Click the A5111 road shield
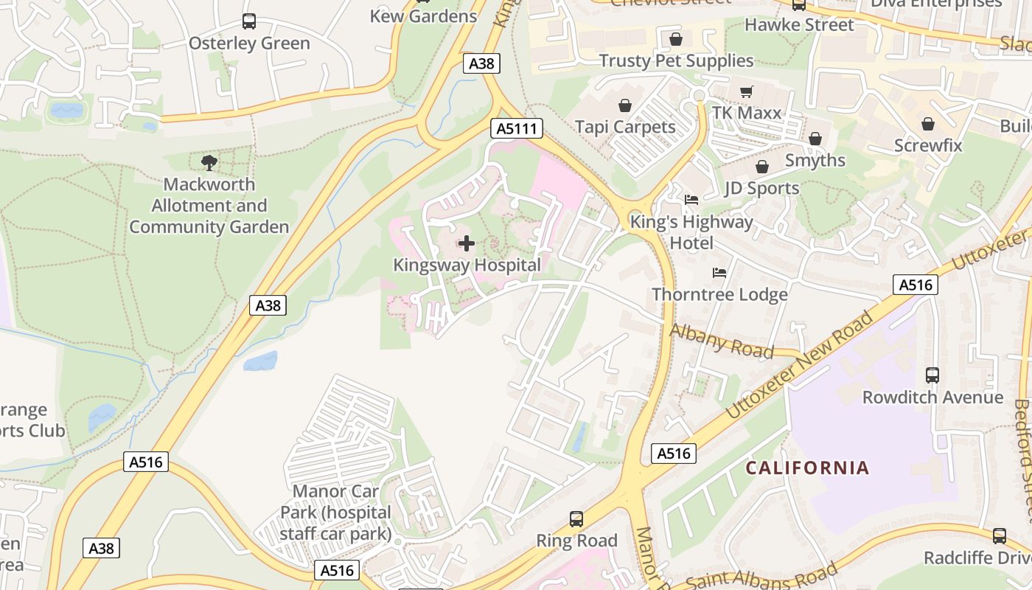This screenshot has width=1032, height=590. pyautogui.click(x=517, y=129)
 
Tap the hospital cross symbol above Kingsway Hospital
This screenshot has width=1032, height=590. pyautogui.click(x=467, y=243)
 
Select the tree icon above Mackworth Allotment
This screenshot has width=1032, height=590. pyautogui.click(x=209, y=162)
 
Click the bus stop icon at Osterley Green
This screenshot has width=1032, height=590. pyautogui.click(x=249, y=21)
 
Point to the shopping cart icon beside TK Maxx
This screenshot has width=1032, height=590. pyautogui.click(x=747, y=91)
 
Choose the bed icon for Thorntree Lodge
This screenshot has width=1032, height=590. pyautogui.click(x=719, y=273)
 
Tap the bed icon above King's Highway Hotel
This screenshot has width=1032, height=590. pyautogui.click(x=691, y=199)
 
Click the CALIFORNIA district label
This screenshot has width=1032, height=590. pyautogui.click(x=807, y=468)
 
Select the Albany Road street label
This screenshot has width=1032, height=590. pyautogui.click(x=722, y=341)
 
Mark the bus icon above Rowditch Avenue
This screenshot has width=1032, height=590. pyautogui.click(x=932, y=375)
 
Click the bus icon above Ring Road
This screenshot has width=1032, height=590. pyautogui.click(x=576, y=519)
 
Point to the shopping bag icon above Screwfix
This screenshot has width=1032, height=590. pyautogui.click(x=928, y=124)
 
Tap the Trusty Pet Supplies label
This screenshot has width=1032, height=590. pyautogui.click(x=676, y=60)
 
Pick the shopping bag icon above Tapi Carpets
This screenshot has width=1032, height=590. pyautogui.click(x=625, y=105)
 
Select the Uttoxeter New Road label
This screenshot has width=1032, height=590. pyautogui.click(x=800, y=366)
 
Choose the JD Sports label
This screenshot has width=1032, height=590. pyautogui.click(x=761, y=188)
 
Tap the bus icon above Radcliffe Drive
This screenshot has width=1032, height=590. pyautogui.click(x=1000, y=535)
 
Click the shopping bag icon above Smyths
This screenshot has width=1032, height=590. pyautogui.click(x=815, y=139)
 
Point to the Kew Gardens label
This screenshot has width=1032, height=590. pyautogui.click(x=423, y=16)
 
